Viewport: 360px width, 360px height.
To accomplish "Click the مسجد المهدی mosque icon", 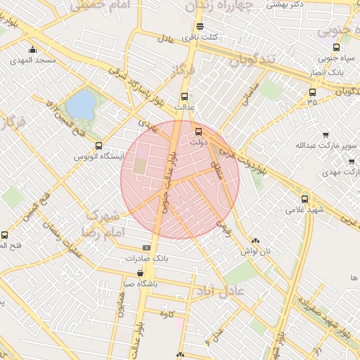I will (32, 49).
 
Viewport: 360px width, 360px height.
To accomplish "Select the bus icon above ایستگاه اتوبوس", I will (98, 146).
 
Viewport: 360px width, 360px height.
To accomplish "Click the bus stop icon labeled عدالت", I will (185, 96).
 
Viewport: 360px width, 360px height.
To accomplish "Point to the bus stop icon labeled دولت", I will (198, 131).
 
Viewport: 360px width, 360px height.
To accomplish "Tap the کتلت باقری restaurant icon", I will (200, 27).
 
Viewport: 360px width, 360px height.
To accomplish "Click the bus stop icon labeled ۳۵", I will (312, 91).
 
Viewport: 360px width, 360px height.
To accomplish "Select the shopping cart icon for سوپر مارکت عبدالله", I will (326, 134).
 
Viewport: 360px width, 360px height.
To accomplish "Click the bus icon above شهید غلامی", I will (304, 198).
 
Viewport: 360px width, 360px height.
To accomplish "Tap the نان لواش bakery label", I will (256, 250).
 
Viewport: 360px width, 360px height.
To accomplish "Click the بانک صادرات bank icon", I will (146, 247).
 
